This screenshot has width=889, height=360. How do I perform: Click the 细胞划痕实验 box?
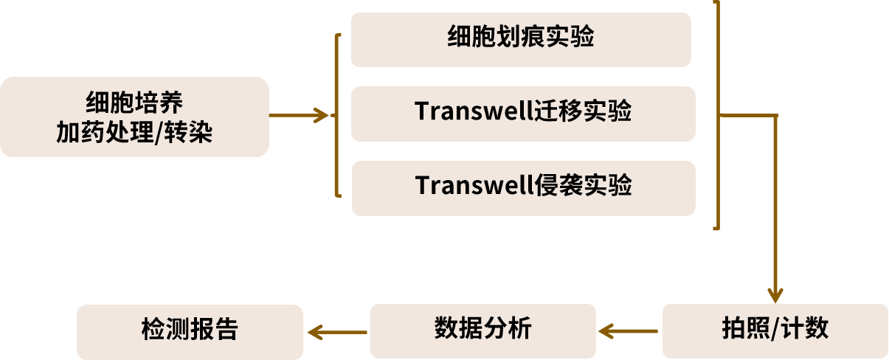click(521, 40)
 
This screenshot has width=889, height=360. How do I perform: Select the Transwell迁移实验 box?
click(523, 114)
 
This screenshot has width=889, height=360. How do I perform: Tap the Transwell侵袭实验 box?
click(523, 188)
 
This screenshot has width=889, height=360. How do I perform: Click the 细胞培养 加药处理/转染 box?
click(134, 117)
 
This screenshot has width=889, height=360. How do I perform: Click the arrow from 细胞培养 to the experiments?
click(299, 115)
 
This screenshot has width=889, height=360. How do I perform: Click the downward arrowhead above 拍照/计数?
click(775, 293)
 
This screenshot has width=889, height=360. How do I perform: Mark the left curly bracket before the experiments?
click(338, 115)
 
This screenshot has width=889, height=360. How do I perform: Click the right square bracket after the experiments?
click(716, 115)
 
